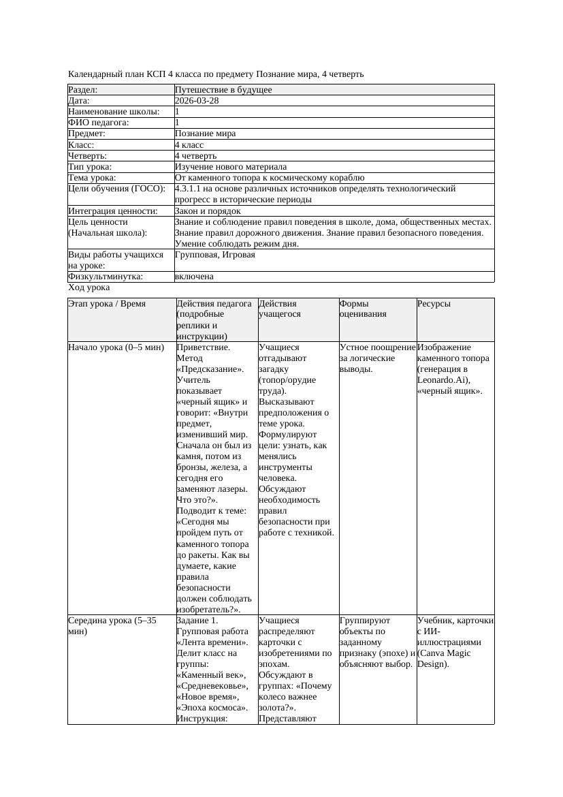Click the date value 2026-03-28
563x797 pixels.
(x=197, y=101)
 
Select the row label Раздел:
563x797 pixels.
(x=83, y=90)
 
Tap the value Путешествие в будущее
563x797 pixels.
(x=223, y=90)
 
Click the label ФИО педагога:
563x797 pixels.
(x=99, y=123)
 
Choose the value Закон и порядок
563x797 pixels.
(x=208, y=211)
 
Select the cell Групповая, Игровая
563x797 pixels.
(x=215, y=255)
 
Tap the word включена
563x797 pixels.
(x=194, y=277)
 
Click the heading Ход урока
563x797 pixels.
(x=89, y=287)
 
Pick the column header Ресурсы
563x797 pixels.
(x=434, y=304)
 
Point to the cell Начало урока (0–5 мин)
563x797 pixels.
(x=116, y=347)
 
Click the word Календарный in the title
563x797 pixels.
(x=95, y=74)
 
